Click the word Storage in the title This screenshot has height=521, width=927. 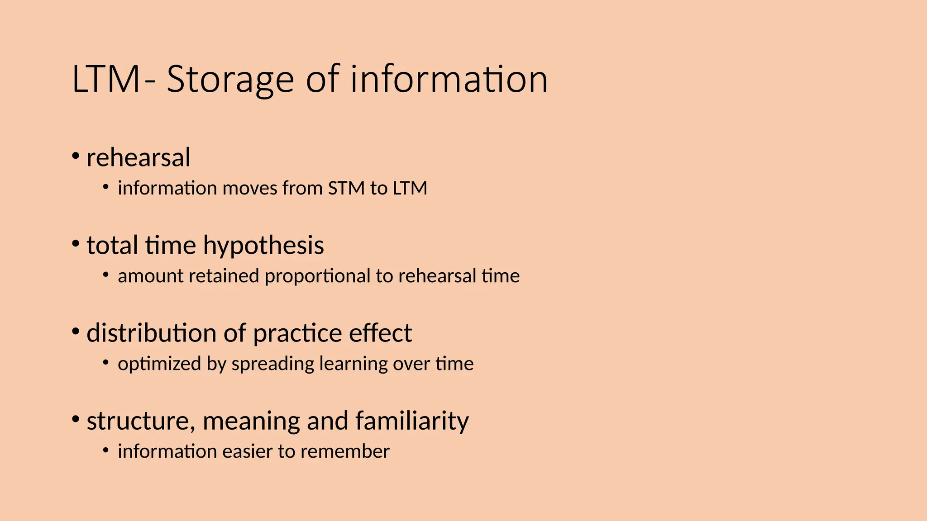coord(230,80)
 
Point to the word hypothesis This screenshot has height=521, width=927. coord(263,246)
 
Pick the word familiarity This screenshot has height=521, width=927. coord(412,421)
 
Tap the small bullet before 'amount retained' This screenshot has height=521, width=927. coord(105,275)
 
